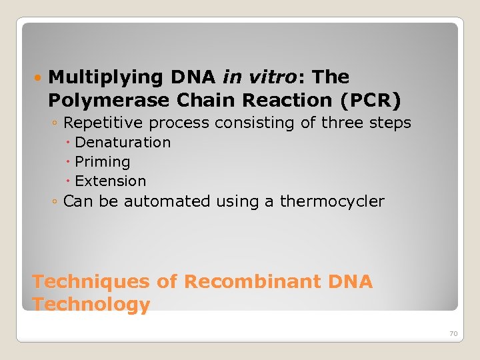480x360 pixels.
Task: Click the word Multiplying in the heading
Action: [x=106, y=78]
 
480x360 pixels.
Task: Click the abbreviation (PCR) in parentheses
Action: [x=370, y=100]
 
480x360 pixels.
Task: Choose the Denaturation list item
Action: [x=123, y=143]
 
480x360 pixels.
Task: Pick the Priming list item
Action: [x=103, y=162]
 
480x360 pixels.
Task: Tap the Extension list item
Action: [x=110, y=181]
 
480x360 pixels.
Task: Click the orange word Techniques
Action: [x=91, y=282]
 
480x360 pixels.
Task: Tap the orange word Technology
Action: [x=91, y=305]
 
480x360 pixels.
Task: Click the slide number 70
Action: [x=453, y=333]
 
